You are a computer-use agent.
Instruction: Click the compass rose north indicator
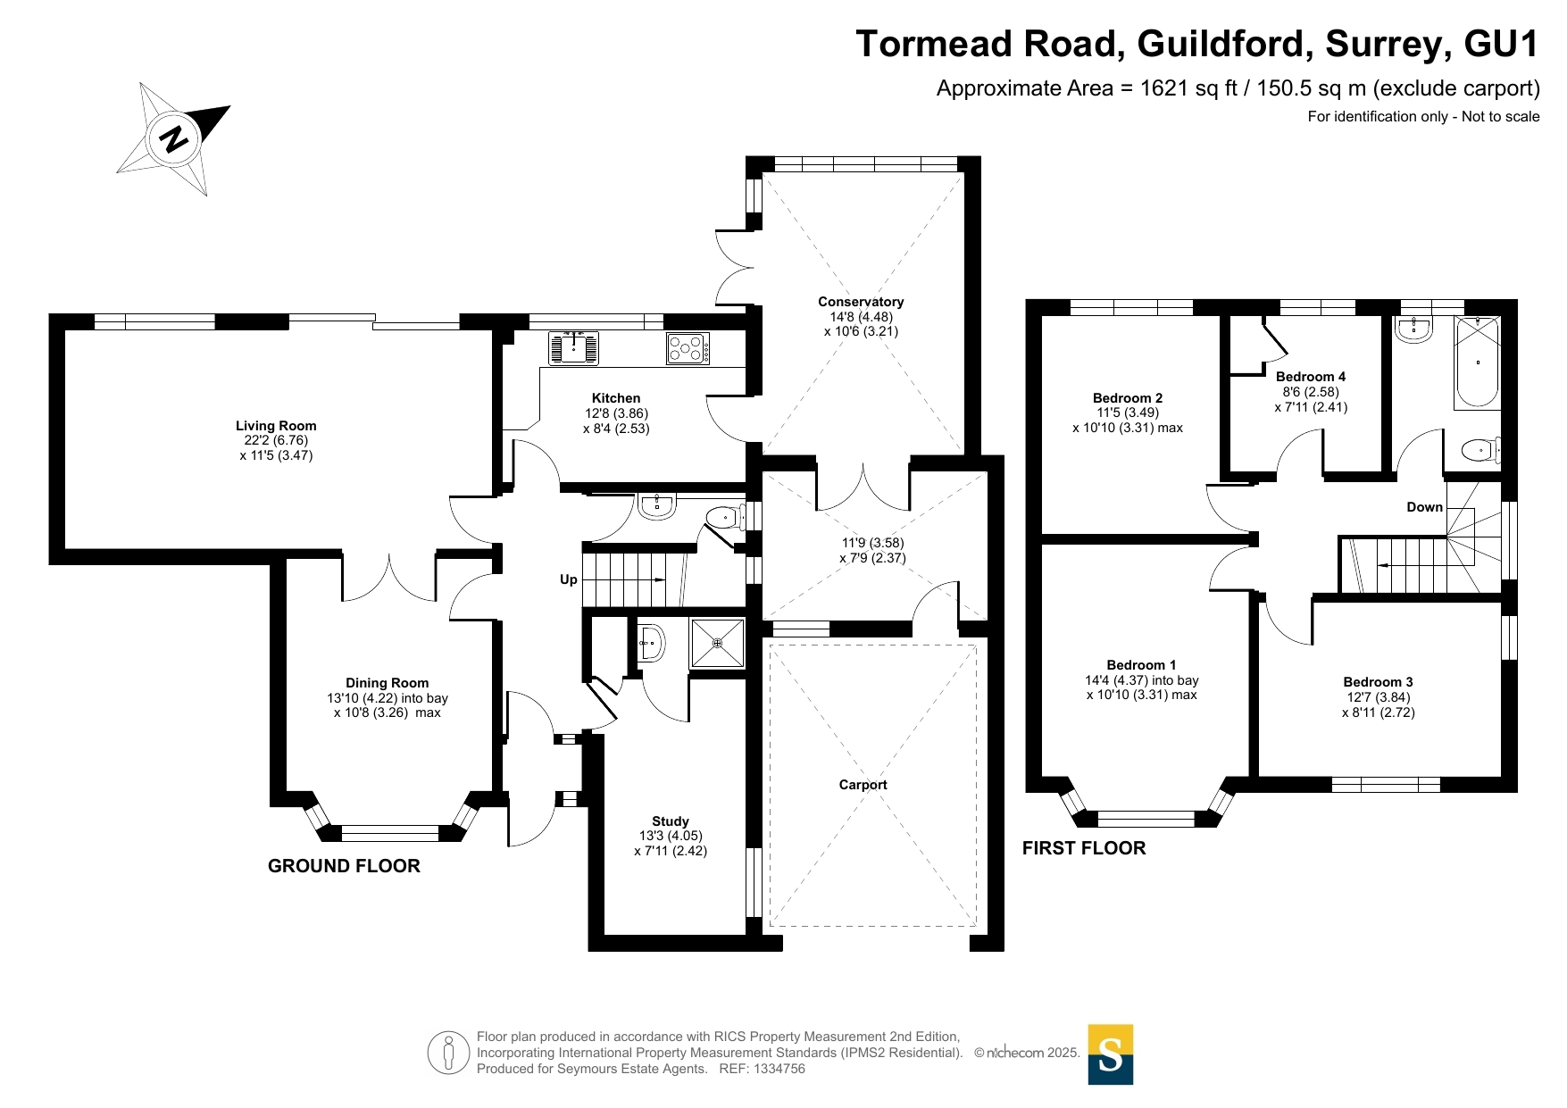pos(175,137)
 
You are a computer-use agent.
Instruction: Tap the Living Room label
pos(276,426)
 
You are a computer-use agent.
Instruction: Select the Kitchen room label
pos(616,398)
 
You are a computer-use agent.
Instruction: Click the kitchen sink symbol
pos(573,347)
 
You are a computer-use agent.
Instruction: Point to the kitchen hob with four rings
pos(688,348)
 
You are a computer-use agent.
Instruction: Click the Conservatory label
pos(861,302)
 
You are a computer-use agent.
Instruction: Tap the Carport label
pos(863,785)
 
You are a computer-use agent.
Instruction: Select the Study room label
pos(671,821)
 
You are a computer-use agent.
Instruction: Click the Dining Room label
pos(388,683)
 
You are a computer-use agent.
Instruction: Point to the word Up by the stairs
pos(569,579)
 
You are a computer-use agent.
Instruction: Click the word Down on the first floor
pos(1424,507)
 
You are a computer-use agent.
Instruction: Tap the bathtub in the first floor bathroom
pos(1478,363)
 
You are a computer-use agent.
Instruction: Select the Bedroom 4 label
pos(1311,377)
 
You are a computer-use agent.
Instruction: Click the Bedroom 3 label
pos(1378,682)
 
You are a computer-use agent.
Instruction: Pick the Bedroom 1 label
pos(1141,665)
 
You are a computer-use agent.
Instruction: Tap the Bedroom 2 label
pos(1128,398)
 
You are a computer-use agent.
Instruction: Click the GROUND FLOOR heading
pos(344,866)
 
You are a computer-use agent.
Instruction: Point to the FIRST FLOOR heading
pos(1084,848)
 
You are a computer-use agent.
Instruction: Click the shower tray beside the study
pos(717,643)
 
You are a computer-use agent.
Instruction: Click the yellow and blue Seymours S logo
pos(1110,1054)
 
